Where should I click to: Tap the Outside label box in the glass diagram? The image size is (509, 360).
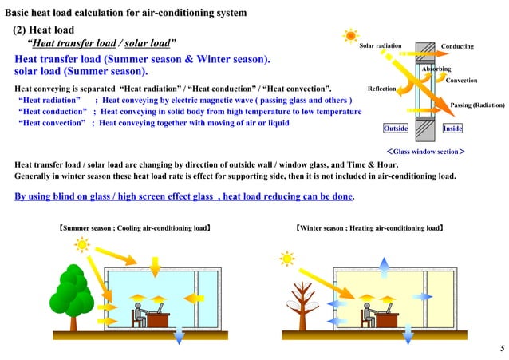point(397,128)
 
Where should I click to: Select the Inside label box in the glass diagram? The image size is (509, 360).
point(452,128)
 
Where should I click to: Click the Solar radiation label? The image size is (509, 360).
point(381,46)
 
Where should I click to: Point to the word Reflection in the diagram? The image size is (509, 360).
point(381,89)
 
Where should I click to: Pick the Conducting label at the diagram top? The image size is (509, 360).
point(457,46)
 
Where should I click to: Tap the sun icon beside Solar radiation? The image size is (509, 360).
point(349,36)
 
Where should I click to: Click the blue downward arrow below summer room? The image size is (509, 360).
point(177,335)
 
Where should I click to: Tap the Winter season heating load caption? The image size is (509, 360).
point(370,228)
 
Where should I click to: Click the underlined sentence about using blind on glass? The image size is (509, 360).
point(185,196)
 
